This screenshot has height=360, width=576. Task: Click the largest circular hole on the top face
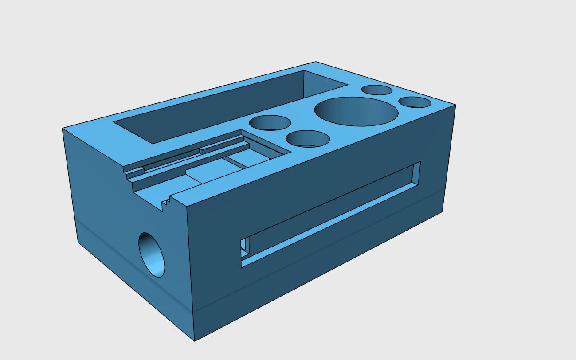coord(356,112)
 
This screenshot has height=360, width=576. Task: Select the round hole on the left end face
coord(152,254)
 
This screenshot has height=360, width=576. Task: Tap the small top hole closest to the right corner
coord(415,102)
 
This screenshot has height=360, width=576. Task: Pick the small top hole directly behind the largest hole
coord(376,90)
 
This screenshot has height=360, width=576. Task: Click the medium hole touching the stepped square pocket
coord(308,138)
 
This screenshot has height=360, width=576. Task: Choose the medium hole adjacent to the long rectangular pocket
coord(270,122)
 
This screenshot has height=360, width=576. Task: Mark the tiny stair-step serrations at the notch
coord(166,203)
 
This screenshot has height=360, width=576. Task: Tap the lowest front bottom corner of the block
coord(195,341)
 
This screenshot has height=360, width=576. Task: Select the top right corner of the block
coord(455,105)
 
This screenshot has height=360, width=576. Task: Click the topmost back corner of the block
coord(316,62)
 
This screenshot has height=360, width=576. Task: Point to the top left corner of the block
coord(63,129)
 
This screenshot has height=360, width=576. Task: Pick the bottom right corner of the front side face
coord(443,212)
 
